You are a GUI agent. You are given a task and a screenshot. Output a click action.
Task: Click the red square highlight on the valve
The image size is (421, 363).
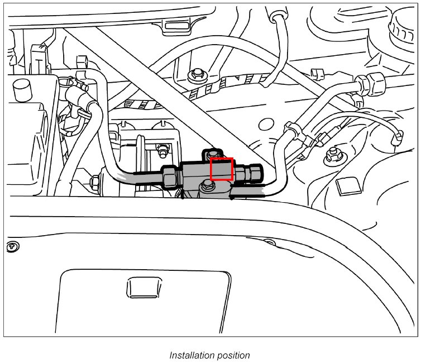pos(221,169)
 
